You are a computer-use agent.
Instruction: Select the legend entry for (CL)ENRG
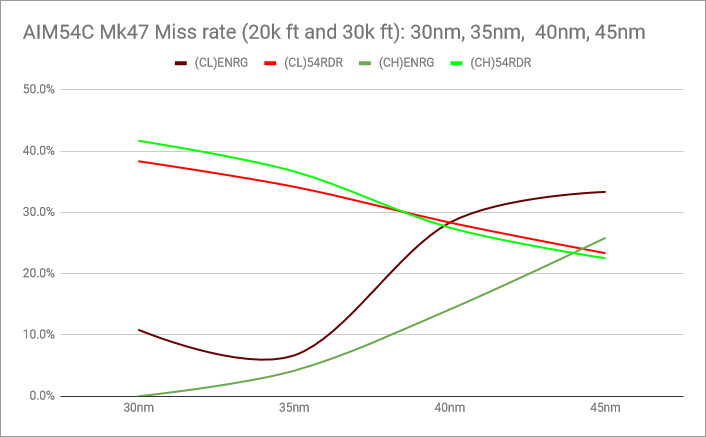click(218, 63)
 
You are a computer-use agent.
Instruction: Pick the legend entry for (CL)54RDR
click(307, 63)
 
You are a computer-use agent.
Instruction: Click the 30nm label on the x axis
click(138, 410)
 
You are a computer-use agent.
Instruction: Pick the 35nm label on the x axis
click(294, 410)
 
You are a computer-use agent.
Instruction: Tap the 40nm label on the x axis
click(449, 410)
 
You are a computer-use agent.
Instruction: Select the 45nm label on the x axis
click(605, 410)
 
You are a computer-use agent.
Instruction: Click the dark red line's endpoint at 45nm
click(605, 192)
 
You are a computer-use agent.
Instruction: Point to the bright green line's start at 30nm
click(138, 141)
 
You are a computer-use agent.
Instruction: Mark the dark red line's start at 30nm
click(138, 329)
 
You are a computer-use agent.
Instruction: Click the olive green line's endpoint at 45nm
click(605, 238)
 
